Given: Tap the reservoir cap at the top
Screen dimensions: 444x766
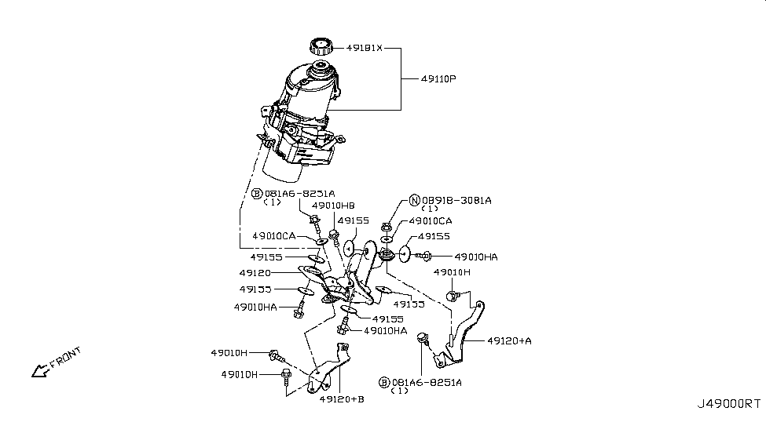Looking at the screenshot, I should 321,45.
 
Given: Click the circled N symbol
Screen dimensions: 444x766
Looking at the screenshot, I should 415,200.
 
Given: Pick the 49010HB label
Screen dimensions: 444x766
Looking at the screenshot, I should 333,206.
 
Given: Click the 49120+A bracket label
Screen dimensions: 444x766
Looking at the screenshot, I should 509,340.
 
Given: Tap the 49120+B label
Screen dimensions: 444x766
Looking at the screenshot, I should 342,399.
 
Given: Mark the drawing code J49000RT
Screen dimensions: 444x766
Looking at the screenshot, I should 728,404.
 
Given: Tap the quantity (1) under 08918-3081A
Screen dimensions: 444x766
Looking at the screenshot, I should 430,209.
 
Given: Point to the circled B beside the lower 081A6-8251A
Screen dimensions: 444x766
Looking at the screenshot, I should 383,382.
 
